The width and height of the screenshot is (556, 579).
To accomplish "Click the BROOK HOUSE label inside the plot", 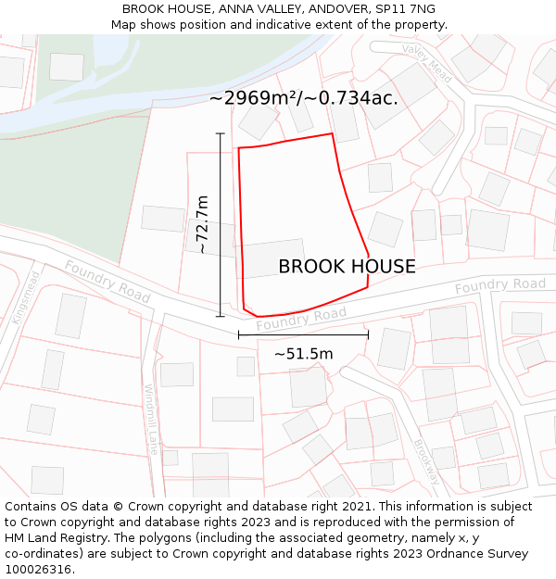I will tap(347, 267).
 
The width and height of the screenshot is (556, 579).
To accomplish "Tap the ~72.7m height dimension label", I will tap(202, 224).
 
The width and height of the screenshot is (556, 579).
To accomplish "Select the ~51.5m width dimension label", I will tap(303, 353).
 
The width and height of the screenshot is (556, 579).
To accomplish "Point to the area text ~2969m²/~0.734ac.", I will tap(303, 98).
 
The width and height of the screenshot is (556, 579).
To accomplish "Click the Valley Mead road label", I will tap(426, 62).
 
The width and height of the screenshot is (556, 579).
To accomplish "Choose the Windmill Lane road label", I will tap(151, 419).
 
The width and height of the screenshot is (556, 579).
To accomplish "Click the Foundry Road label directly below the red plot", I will tap(300, 320).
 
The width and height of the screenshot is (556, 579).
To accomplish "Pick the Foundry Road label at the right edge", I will tap(499, 286).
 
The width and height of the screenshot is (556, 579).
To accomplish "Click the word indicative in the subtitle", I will tap(310, 25).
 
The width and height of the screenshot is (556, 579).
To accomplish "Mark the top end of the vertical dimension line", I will tap(221, 134).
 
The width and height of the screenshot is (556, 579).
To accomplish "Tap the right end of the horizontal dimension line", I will tap(368, 335).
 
